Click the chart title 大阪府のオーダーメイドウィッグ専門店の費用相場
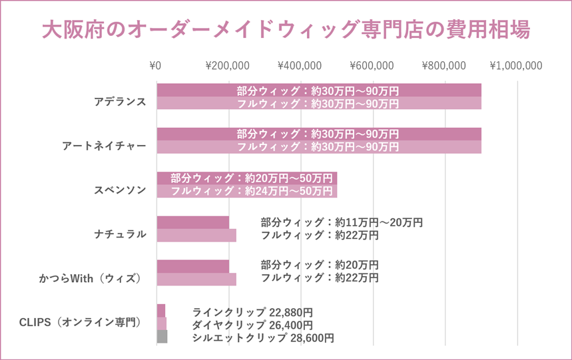coord(286,30)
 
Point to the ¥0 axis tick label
coord(156,66)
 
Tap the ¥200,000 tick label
coord(228,66)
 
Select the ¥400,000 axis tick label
coord(300,66)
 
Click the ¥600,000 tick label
coord(372,66)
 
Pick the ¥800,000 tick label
coord(444,66)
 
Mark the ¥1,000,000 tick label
coord(516,66)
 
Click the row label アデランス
coord(120,102)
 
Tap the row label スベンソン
coord(120,190)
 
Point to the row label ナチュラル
coord(120,234)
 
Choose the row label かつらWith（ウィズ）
coord(91,277)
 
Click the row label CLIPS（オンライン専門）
coord(80,322)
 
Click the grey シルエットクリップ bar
coord(162,337)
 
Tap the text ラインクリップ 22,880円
coord(252,312)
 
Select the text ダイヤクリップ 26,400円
coord(252,325)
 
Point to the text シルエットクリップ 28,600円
coord(263,338)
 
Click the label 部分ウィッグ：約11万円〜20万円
coord(342,223)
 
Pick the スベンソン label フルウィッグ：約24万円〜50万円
coord(252,191)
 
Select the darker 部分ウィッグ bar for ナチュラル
coord(192,222)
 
